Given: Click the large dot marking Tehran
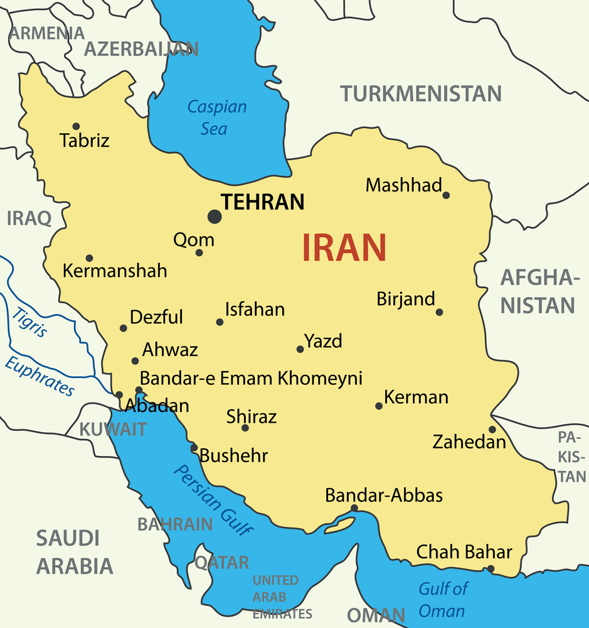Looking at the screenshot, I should tap(215, 217).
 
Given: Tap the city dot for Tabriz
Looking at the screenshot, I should tap(76, 126).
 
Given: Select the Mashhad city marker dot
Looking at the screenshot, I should tap(446, 195).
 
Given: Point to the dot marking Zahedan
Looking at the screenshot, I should tap(492, 430).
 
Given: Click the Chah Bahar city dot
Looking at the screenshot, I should tap(491, 569).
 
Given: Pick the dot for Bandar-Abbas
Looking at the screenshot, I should tap(354, 508).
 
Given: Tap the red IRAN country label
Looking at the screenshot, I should tap(344, 247).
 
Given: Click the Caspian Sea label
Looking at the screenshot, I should tap(216, 117).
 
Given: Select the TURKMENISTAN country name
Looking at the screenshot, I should tap(421, 94).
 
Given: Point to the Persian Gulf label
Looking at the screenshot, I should tap(214, 499).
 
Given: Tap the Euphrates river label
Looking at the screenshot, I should tap(40, 376).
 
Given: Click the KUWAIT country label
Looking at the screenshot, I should tap(113, 430).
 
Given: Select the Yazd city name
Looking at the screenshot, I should tap(323, 341).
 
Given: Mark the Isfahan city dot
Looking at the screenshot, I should tap(220, 322).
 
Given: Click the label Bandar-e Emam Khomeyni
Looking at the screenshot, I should tap(251, 378).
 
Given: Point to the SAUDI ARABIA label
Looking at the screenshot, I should tap(74, 552).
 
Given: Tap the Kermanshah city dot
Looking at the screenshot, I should tap(89, 258).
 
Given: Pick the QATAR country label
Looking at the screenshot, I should tap(221, 562).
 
